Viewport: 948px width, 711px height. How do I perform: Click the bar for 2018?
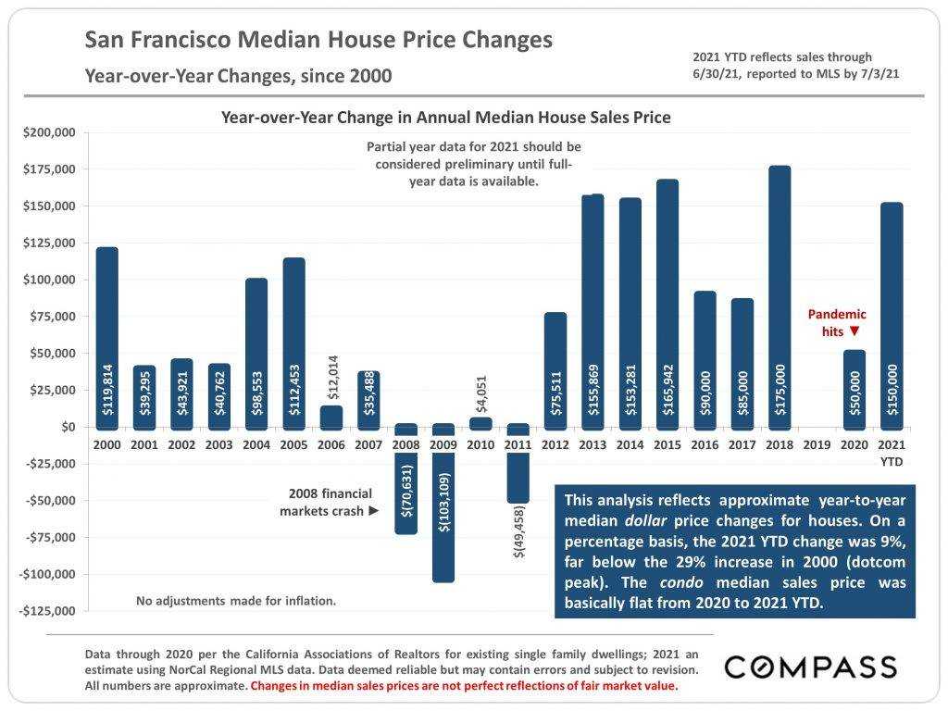(780, 296)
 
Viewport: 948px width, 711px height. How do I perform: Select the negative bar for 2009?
(443, 505)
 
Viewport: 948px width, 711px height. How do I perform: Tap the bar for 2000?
(106, 338)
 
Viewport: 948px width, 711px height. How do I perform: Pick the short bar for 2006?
(331, 417)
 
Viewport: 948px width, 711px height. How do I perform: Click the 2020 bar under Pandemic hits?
(854, 389)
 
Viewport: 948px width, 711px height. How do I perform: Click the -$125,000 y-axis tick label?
(46, 611)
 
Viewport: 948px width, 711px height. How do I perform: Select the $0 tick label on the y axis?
(68, 427)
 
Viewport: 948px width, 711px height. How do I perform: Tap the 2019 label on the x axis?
(817, 445)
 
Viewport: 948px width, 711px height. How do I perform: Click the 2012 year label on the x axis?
(555, 445)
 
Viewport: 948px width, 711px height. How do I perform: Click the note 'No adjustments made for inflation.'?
(236, 601)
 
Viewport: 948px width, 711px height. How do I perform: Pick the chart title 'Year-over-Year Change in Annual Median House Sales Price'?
(445, 118)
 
